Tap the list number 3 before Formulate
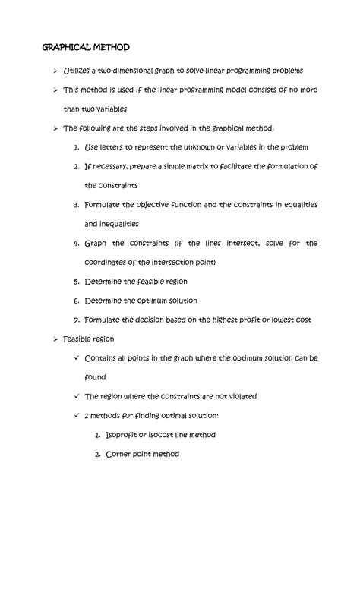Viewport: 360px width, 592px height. pyautogui.click(x=77, y=205)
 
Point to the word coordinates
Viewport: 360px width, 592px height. pyautogui.click(x=109, y=262)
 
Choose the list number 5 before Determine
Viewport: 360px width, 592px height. pyautogui.click(x=77, y=281)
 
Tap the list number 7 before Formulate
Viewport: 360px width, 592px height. pyautogui.click(x=77, y=320)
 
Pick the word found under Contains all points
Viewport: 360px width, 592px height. pyautogui.click(x=95, y=376)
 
